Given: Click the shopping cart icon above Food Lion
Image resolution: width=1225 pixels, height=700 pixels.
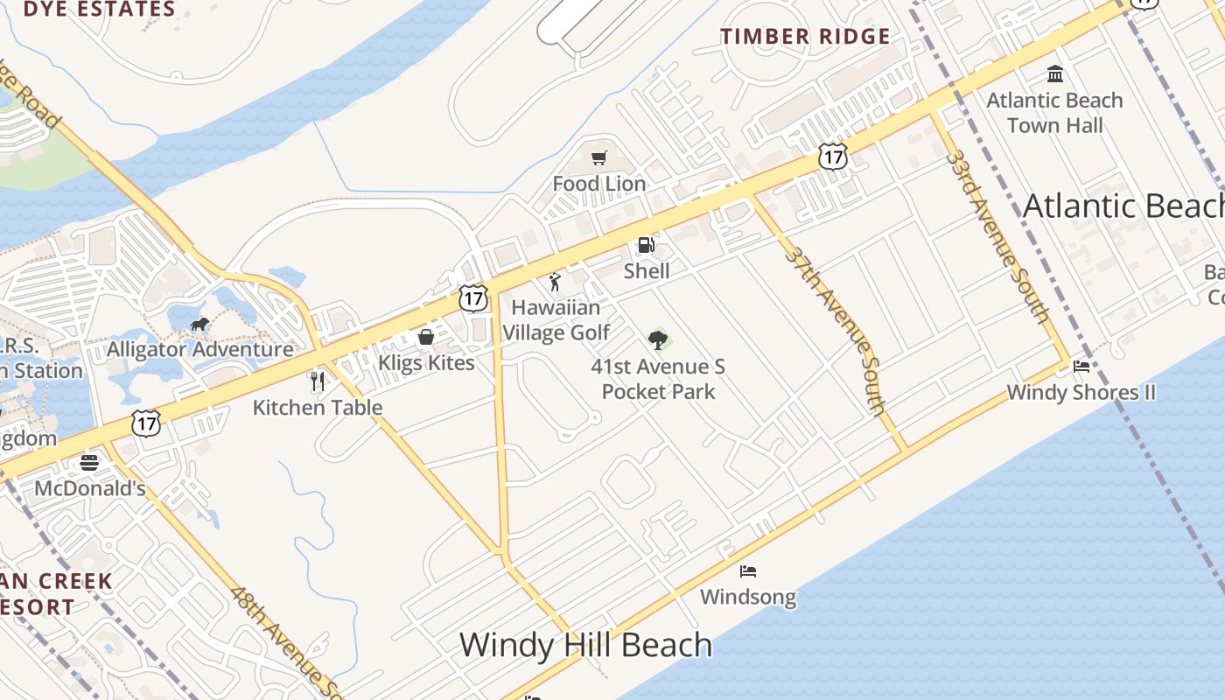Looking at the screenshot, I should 598,158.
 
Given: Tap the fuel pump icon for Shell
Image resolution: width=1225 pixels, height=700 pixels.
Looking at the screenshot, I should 646,246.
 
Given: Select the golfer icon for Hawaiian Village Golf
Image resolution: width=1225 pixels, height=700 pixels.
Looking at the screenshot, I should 555,282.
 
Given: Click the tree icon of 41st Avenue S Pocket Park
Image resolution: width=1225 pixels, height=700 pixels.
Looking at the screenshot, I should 658,339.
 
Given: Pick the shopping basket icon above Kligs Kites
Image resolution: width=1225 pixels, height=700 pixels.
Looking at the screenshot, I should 426,337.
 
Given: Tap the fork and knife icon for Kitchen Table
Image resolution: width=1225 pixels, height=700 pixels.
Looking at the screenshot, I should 318,381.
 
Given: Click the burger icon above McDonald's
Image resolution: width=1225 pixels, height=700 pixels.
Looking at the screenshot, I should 89,462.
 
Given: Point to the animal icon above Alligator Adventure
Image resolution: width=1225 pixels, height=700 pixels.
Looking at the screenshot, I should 199,325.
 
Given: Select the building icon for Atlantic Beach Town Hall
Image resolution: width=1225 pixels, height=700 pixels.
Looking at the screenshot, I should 1054,73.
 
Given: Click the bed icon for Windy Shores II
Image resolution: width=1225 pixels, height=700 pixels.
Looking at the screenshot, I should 1081,367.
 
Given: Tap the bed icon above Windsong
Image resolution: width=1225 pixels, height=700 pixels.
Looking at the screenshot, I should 748,571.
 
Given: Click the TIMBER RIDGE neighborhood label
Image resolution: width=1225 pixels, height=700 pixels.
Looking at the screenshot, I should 805,37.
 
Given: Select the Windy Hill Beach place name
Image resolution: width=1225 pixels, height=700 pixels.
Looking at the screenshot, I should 585,645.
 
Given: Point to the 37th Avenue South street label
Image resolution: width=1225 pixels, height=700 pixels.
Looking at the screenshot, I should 836,329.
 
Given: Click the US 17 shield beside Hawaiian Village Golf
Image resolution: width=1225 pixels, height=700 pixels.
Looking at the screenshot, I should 473,298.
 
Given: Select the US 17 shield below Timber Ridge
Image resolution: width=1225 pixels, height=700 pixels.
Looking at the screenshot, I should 833,157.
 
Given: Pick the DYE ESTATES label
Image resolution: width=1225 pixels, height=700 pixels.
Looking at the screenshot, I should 99,10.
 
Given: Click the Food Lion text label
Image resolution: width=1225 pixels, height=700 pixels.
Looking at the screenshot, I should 599,184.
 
